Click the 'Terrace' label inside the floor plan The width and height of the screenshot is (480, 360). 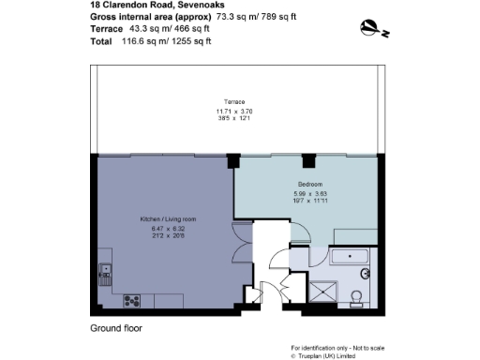[234, 101]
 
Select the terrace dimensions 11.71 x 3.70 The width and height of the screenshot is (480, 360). [234, 112]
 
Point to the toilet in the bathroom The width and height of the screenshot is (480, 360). [357, 297]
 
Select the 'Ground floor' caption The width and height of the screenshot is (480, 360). [114, 329]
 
